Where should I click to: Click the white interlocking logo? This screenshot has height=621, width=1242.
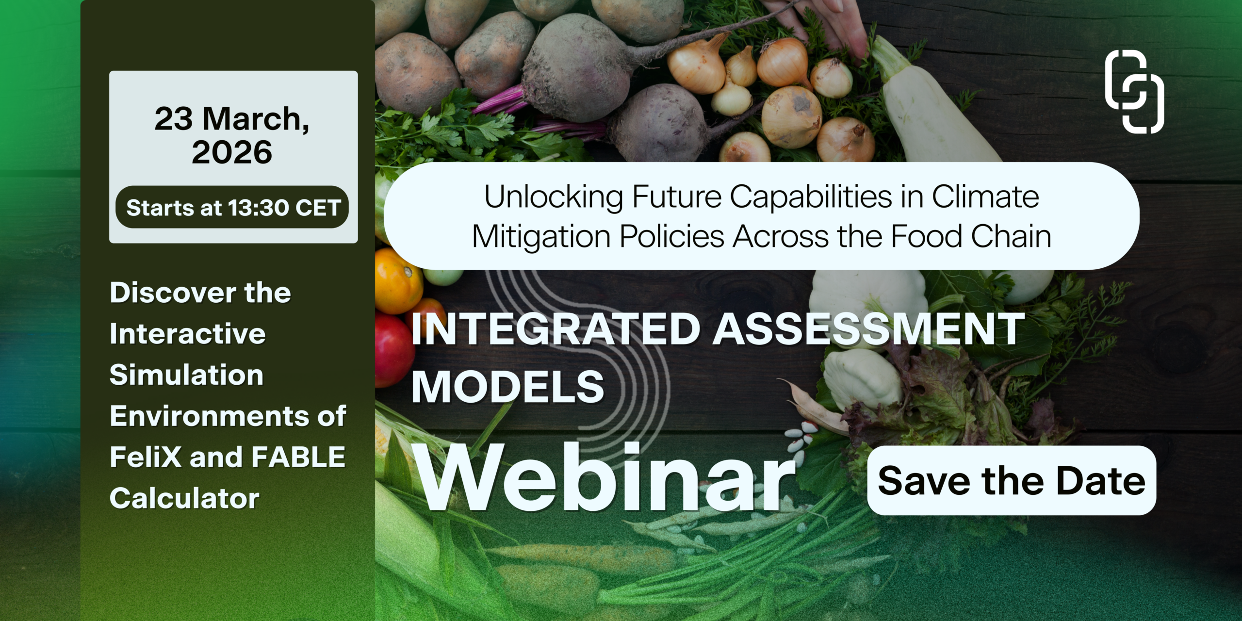(1134, 92)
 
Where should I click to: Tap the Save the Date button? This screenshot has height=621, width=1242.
(1012, 480)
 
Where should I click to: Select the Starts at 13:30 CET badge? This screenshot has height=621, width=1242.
(232, 207)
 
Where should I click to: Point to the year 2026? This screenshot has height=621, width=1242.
(232, 152)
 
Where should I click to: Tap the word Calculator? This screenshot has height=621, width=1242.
(184, 498)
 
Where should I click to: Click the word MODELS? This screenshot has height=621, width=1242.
(508, 387)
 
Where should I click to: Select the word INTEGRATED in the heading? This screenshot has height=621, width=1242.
(556, 329)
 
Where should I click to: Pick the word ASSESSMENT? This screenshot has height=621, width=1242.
(868, 329)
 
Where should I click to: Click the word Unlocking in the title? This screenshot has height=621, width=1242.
(554, 198)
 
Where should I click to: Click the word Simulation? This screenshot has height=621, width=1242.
(186, 375)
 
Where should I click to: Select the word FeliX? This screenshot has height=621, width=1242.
(146, 457)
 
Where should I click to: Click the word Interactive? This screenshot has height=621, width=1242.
(188, 334)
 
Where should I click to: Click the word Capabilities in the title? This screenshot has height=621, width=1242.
(811, 198)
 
